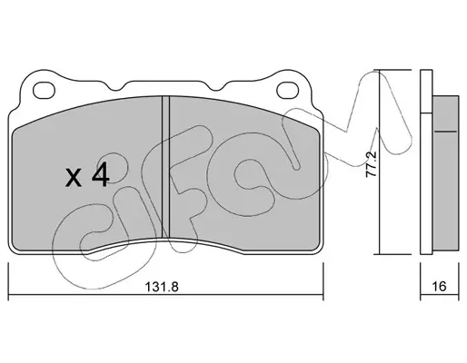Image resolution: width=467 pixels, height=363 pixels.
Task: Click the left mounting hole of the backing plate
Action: click(x=45, y=90)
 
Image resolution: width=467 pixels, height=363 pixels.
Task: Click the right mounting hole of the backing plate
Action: click(x=288, y=90)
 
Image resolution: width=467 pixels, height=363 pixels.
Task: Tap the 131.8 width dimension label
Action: click(x=162, y=287)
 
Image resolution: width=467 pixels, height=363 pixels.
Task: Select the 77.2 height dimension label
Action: click(x=371, y=163)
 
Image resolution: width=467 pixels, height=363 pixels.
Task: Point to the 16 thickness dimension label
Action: click(x=439, y=286)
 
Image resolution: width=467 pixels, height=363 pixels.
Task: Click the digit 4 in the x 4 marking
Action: click(x=100, y=176)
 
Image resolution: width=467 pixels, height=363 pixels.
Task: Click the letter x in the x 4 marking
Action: click(x=74, y=178)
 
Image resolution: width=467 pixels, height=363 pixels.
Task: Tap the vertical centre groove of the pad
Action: click(x=166, y=167)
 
